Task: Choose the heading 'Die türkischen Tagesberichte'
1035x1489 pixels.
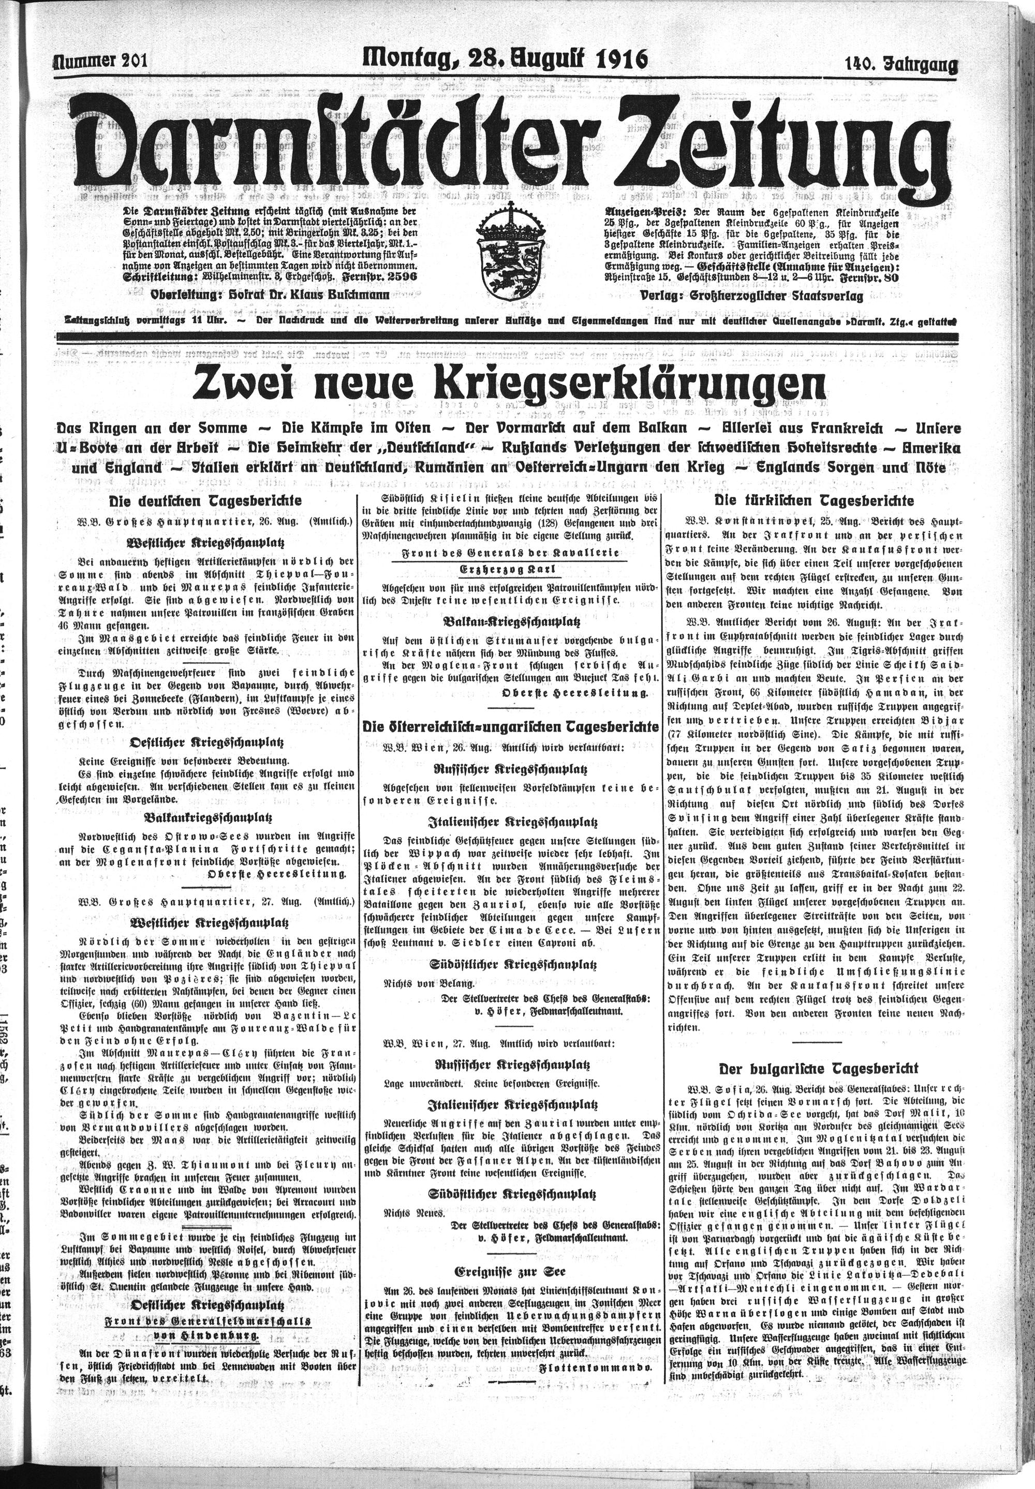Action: [814, 501]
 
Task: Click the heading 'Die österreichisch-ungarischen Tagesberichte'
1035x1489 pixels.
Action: [510, 726]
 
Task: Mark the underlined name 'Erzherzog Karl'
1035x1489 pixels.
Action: [510, 569]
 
